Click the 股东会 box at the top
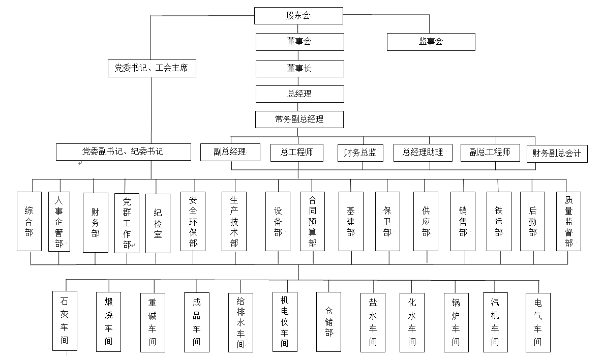click(x=298, y=16)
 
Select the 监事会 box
click(x=431, y=42)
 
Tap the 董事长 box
click(x=299, y=69)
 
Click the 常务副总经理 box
click(x=299, y=119)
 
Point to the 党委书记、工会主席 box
click(x=152, y=68)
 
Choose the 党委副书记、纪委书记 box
click(x=124, y=152)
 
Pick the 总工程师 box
click(x=296, y=153)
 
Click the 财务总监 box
click(x=360, y=153)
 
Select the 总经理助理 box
click(x=423, y=153)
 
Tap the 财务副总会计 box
click(x=557, y=154)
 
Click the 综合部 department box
click(x=29, y=222)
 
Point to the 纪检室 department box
click(x=158, y=223)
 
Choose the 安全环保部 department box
click(x=193, y=222)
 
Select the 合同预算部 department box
click(x=313, y=222)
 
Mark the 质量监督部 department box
click(x=569, y=222)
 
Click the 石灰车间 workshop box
click(x=65, y=321)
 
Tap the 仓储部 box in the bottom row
click(x=329, y=322)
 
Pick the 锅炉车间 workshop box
click(x=456, y=323)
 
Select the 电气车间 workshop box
click(x=538, y=323)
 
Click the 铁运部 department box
click(x=499, y=222)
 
